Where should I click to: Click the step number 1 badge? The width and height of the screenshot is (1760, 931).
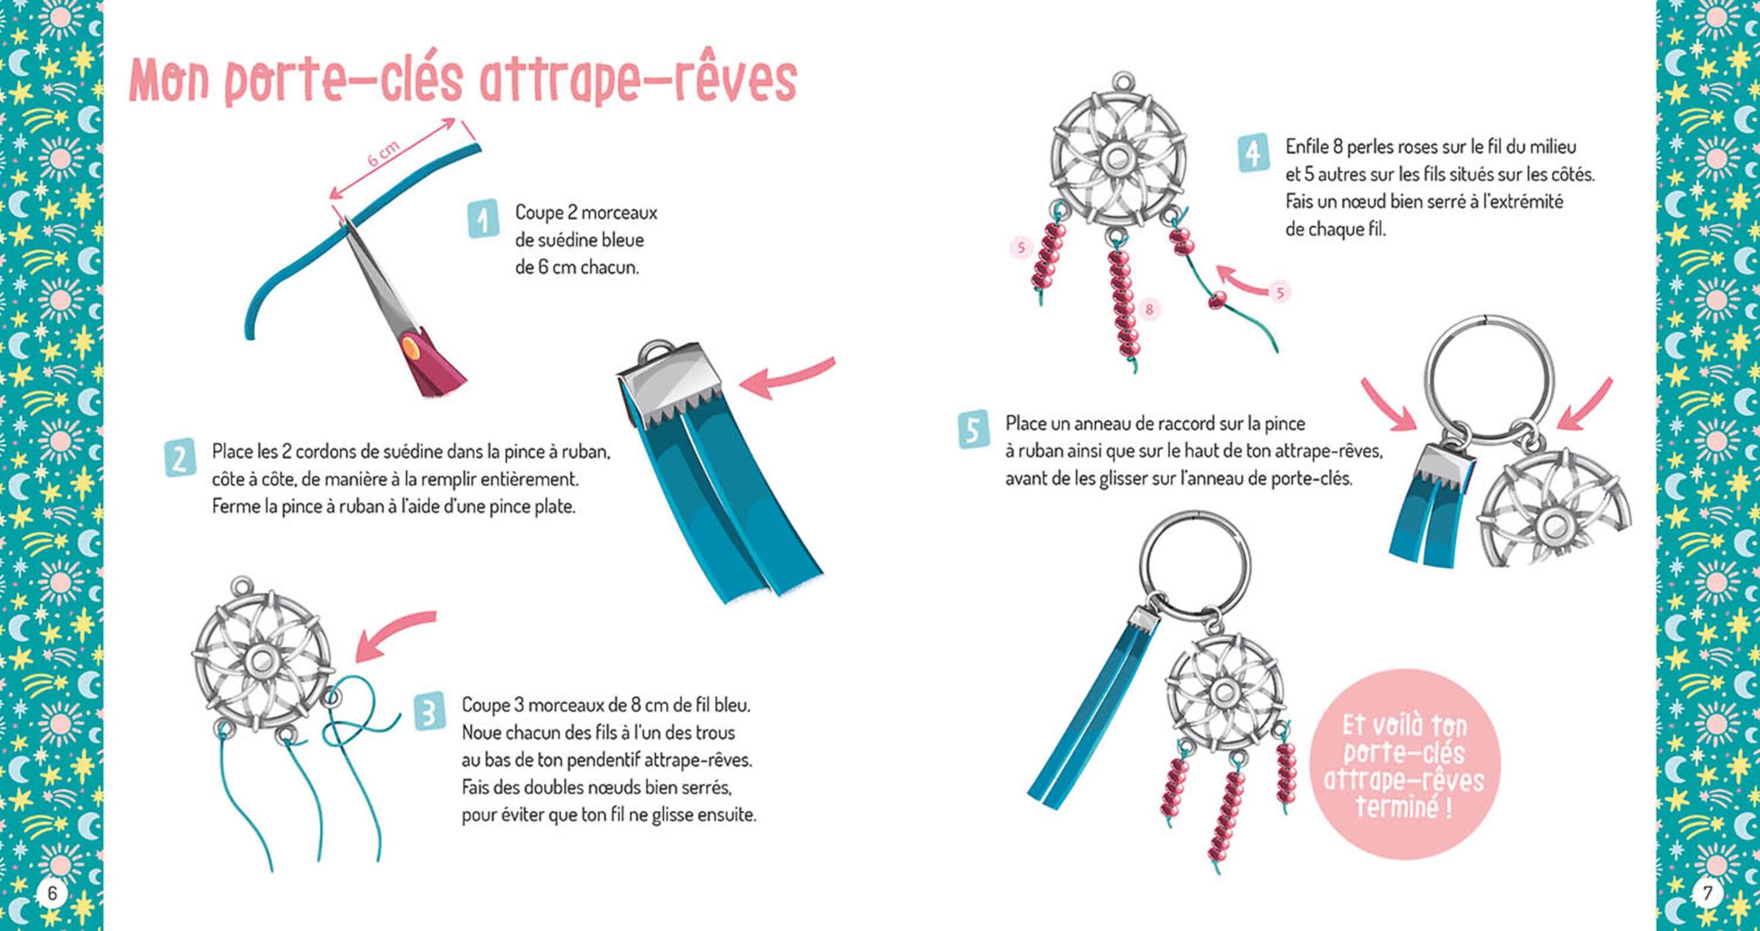pyautogui.click(x=483, y=219)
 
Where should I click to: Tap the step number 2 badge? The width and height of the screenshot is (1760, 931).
pyautogui.click(x=180, y=457)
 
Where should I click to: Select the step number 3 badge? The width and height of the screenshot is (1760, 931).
pyautogui.click(x=430, y=711)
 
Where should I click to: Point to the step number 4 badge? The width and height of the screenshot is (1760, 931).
pyautogui.click(x=1253, y=153)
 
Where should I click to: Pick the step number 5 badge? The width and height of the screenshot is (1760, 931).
pyautogui.click(x=973, y=429)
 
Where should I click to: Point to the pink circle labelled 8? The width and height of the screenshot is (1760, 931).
pyautogui.click(x=1149, y=309)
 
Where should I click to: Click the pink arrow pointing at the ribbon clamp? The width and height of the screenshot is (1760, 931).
pyautogui.click(x=786, y=378)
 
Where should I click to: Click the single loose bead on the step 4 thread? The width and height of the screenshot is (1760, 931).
pyautogui.click(x=1217, y=299)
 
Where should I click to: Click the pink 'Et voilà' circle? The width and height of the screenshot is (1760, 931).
pyautogui.click(x=1405, y=763)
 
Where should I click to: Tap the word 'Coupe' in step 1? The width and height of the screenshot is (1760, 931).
pyautogui.click(x=538, y=212)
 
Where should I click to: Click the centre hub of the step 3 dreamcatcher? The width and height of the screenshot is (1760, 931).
pyautogui.click(x=260, y=660)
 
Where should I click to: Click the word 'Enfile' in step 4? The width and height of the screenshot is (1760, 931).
pyautogui.click(x=1306, y=147)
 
